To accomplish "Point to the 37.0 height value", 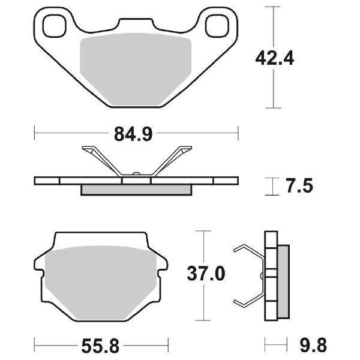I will click(206, 274).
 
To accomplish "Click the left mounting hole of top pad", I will click(55, 26).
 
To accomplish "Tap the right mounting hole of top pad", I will click(216, 26).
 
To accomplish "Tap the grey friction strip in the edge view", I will click(136, 190).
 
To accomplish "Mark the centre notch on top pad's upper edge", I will click(136, 23).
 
